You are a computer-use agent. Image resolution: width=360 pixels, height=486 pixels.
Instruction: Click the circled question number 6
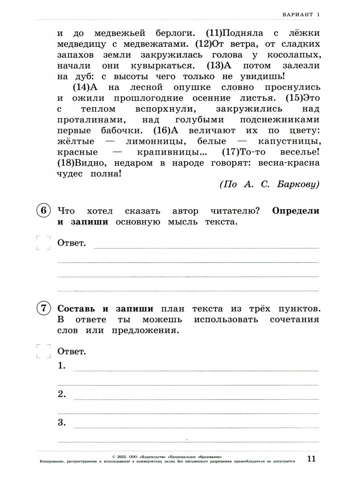43,211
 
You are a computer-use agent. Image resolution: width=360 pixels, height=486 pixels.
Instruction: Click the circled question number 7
43,309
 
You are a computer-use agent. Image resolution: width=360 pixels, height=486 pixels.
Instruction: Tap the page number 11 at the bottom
312,459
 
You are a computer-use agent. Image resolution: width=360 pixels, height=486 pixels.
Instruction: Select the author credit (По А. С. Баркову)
270,185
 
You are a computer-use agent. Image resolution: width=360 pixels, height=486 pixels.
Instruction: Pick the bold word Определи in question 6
296,211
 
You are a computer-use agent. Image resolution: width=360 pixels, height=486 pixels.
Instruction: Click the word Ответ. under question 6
72,243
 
